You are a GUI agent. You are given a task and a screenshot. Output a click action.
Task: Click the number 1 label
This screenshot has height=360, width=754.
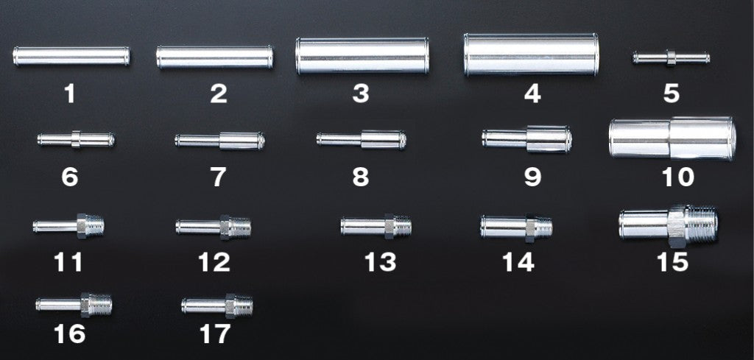(x=69, y=94)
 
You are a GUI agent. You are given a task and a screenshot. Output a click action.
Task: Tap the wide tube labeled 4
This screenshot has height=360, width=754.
(x=531, y=54)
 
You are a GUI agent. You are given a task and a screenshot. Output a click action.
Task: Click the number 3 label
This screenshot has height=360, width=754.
(x=360, y=94)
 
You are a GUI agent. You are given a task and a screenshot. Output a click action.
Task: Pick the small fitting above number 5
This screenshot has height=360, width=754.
(x=671, y=57)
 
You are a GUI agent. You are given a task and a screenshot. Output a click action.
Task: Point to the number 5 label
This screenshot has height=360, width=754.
(x=671, y=94)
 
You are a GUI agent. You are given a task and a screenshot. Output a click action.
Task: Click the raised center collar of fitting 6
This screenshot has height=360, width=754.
(x=77, y=138)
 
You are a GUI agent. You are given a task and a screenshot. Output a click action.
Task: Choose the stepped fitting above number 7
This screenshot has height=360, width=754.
(x=219, y=139)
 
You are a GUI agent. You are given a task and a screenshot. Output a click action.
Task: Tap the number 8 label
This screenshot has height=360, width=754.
(x=360, y=177)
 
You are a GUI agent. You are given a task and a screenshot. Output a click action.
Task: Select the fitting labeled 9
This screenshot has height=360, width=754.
(x=526, y=138)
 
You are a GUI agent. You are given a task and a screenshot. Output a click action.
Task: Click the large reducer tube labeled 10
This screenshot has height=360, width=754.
(x=671, y=138)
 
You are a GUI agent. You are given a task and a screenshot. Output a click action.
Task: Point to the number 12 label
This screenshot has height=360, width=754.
(x=214, y=262)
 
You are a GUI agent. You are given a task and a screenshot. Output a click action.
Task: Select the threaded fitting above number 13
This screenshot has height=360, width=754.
(x=376, y=225)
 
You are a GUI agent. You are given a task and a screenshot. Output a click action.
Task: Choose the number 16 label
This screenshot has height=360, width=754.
(x=69, y=335)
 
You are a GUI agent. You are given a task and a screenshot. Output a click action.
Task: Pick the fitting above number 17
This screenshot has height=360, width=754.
(x=217, y=303)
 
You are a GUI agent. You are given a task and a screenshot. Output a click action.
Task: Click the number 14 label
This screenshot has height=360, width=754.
(x=518, y=262)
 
